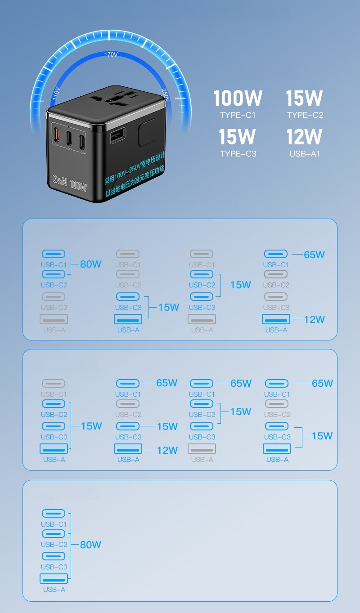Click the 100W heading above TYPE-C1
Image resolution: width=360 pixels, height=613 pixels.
point(238,98)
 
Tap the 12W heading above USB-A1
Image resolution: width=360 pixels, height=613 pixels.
point(304,137)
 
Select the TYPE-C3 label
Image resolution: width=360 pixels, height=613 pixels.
point(238,154)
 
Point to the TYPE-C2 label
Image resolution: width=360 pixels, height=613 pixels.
point(305,115)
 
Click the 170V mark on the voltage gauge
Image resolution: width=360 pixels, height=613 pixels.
point(111,54)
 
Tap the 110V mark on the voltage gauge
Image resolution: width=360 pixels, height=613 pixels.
point(56,94)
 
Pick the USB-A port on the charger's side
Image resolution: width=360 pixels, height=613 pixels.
point(118,135)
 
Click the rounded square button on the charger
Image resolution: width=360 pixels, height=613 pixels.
point(147,132)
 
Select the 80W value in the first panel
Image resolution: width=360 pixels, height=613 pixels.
point(91,264)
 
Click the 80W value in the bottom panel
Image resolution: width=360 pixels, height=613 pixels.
point(90,545)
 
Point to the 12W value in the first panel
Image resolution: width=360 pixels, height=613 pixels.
point(314,319)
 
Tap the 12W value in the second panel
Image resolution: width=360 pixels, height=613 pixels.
point(167,450)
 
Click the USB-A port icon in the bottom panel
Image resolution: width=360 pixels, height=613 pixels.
point(54,578)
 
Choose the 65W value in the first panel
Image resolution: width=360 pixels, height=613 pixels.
point(314,255)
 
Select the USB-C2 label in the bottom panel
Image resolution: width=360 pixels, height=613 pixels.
point(54,545)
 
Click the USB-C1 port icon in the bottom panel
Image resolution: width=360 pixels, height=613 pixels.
point(54,514)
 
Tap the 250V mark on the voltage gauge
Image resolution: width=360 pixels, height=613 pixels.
point(165,95)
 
